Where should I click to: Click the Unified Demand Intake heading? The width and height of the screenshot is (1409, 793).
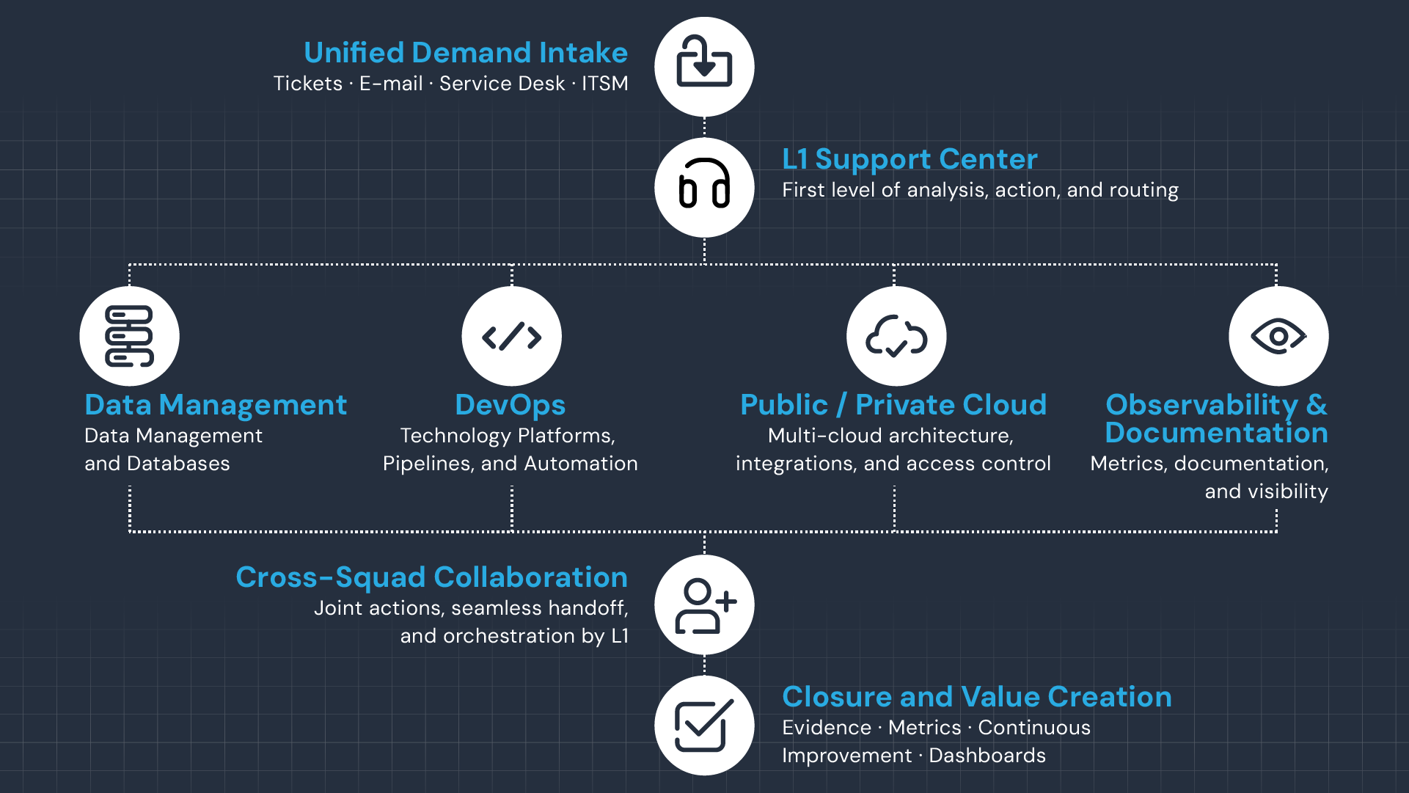coord(466,53)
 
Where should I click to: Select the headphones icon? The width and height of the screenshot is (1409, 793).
coord(704,187)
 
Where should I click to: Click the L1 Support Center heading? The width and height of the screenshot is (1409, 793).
coord(910,159)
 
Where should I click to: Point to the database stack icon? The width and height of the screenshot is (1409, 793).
coord(129,336)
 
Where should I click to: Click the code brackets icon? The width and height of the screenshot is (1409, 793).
coord(511,336)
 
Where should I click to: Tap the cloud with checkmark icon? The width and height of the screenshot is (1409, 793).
coord(896,336)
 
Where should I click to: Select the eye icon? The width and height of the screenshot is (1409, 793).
coord(1278,336)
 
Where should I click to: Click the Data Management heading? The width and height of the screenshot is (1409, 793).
coord(216,405)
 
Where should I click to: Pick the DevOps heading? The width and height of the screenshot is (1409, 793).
coord(510,405)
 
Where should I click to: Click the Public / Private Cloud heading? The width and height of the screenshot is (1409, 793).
coord(893,405)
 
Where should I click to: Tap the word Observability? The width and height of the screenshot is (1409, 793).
coord(1201,405)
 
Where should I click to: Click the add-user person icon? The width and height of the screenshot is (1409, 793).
coord(704,604)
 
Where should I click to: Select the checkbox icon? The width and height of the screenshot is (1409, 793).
coord(704,726)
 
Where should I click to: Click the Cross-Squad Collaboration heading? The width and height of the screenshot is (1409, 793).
coord(431,577)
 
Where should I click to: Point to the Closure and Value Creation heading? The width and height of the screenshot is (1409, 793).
coord(976,697)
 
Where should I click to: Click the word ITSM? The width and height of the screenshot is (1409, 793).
coord(605,84)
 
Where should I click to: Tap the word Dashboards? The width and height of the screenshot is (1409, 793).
coord(987,756)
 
